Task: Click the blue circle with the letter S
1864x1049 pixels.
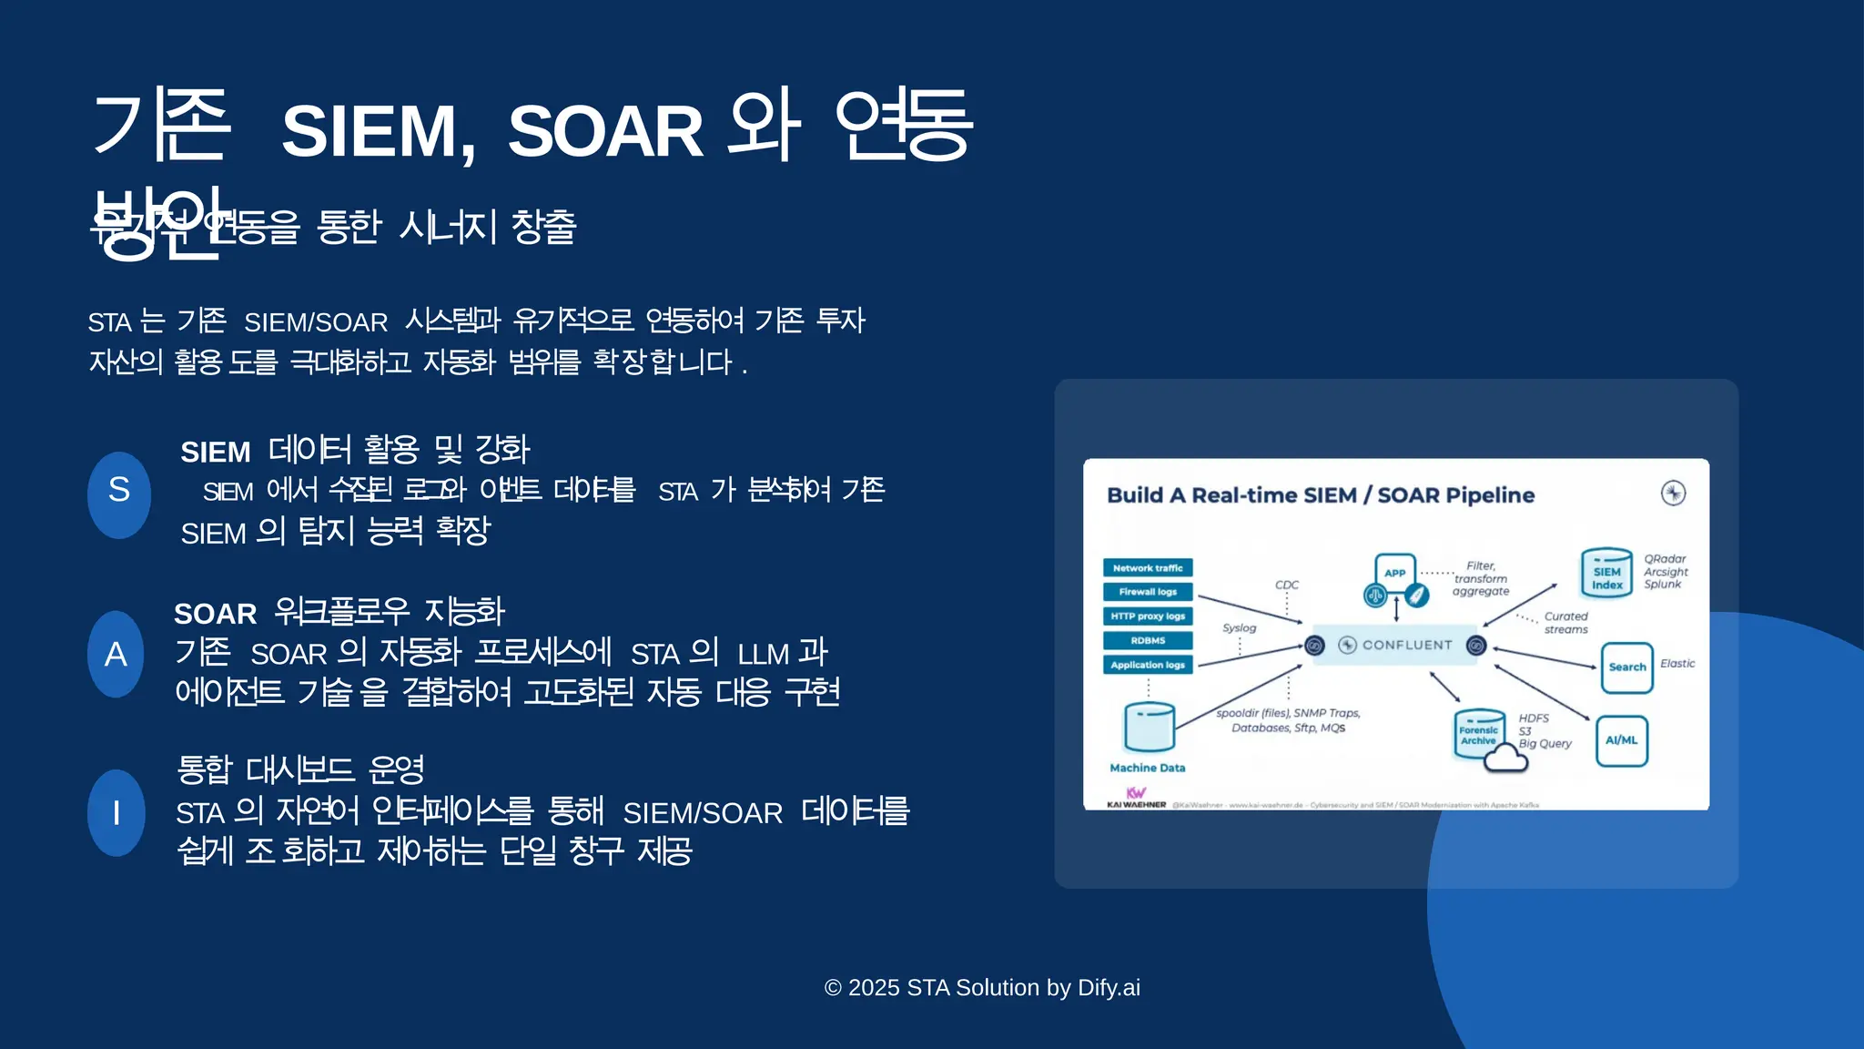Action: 119,494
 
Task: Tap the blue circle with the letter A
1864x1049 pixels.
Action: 116,654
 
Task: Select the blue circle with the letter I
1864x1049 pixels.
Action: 116,812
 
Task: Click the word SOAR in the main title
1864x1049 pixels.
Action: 604,131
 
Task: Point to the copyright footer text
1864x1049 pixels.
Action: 981,988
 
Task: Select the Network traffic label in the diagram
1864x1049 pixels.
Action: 1147,568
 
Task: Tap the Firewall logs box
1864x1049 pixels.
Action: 1147,592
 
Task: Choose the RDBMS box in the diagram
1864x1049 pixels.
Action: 1147,641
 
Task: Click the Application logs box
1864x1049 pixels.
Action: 1147,666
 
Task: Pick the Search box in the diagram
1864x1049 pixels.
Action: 1626,667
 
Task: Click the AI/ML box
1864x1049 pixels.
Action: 1621,740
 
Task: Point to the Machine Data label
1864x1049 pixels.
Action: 1147,769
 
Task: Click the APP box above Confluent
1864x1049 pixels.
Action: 1394,573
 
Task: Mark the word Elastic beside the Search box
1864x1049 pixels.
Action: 1677,664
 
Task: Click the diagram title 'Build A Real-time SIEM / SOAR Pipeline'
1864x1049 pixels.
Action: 1320,495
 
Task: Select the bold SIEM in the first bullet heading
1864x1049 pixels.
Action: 215,453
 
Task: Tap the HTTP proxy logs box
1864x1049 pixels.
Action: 1147,616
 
